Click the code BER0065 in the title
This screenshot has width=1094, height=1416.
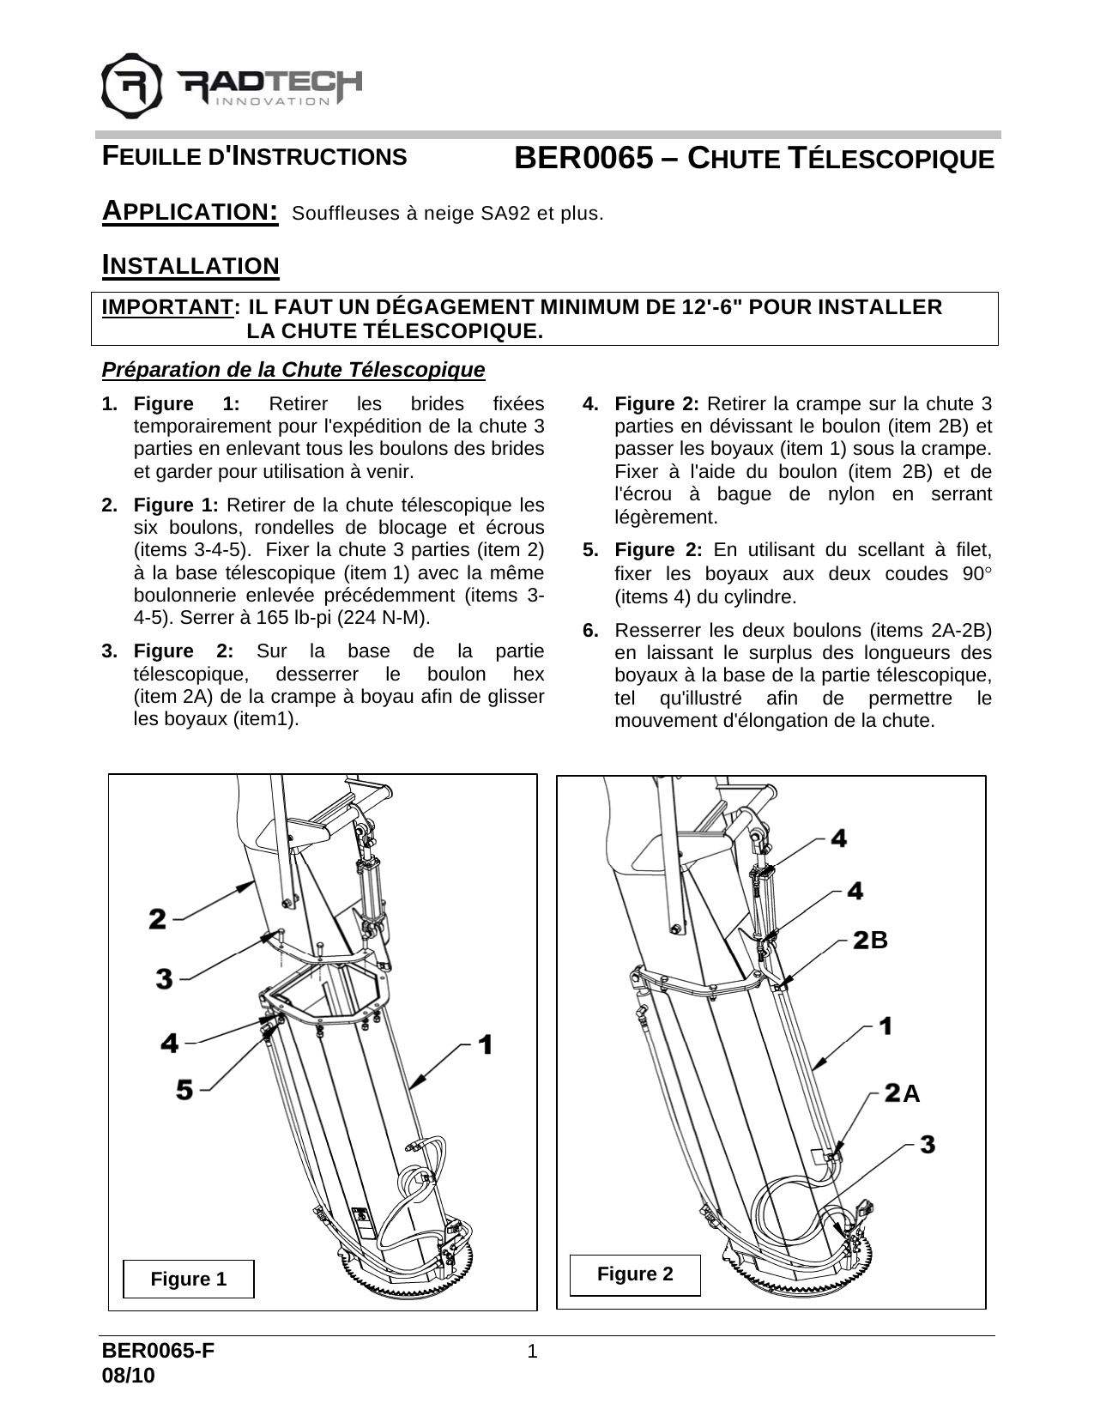pyautogui.click(x=583, y=159)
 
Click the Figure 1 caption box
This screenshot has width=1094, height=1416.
pyautogui.click(x=189, y=1279)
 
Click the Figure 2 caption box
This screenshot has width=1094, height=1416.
pyautogui.click(x=636, y=1274)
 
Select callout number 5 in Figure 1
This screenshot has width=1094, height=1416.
pyautogui.click(x=184, y=1089)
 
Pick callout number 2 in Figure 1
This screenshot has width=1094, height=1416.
pyautogui.click(x=158, y=919)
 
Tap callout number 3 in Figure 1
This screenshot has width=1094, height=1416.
pyautogui.click(x=165, y=977)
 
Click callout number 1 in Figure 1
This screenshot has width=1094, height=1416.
pyautogui.click(x=485, y=1044)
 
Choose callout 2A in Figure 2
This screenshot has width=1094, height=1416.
pyautogui.click(x=902, y=1093)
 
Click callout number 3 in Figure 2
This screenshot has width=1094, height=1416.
pyautogui.click(x=928, y=1144)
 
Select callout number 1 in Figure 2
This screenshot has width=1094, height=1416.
pyautogui.click(x=885, y=1025)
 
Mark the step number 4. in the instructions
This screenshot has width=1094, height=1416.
pyautogui.click(x=591, y=403)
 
